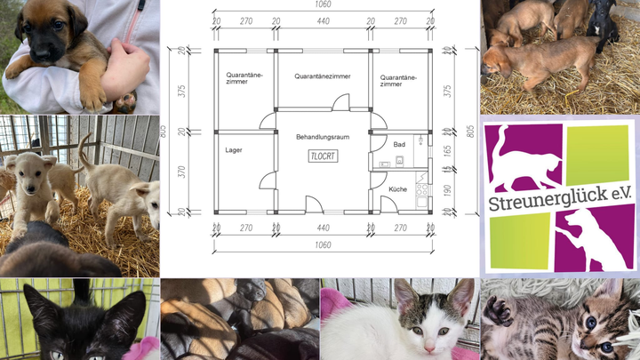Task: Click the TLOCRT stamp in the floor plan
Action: [323, 156]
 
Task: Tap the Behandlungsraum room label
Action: [323, 137]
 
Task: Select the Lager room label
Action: [234, 150]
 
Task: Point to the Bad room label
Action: [399, 145]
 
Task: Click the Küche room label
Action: [397, 189]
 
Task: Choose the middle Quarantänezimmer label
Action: [323, 76]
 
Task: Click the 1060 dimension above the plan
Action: [323, 4]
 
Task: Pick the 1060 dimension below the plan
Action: [323, 245]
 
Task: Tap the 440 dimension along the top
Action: [323, 21]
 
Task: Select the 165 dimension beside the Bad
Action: [447, 150]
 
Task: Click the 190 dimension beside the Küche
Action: [447, 190]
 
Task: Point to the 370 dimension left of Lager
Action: [181, 172]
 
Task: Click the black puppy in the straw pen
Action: [602, 25]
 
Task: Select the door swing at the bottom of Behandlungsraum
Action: [315, 204]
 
